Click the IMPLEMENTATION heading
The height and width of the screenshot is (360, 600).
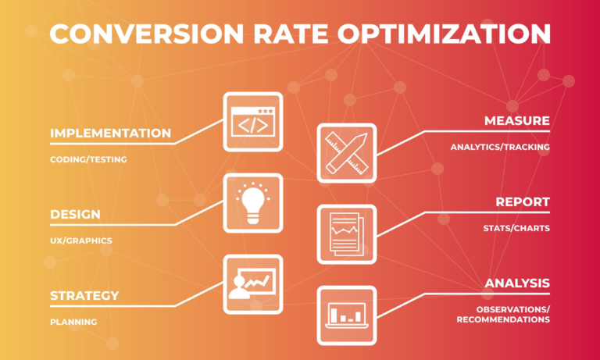tap(110, 134)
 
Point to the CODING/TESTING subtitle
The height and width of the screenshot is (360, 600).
tap(88, 159)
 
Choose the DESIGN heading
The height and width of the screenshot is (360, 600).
tap(75, 214)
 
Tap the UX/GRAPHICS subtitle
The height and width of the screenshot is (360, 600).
tap(81, 241)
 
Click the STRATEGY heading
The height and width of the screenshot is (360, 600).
tap(84, 296)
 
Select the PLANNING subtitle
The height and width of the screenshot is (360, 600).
tap(73, 322)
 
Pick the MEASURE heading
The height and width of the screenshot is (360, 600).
tap(516, 121)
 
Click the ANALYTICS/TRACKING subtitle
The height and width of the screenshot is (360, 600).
tap(500, 147)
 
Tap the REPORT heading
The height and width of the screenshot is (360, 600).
tap(523, 202)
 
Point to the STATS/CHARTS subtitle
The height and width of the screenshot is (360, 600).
tap(516, 228)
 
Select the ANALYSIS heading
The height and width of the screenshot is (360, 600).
tap(517, 283)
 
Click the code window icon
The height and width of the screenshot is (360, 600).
tap(253, 121)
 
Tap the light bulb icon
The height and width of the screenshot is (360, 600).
tap(253, 202)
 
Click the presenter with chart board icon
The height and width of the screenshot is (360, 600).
tap(253, 283)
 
